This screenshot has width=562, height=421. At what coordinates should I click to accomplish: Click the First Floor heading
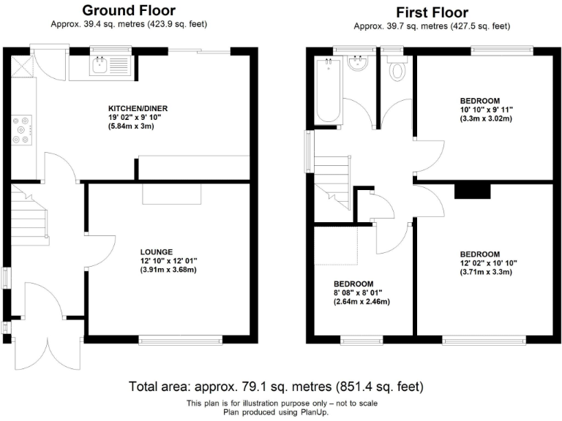pos(432,12)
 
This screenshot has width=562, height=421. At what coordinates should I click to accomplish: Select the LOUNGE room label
pos(158,252)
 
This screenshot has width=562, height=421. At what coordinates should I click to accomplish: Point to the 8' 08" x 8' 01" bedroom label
pos(353,292)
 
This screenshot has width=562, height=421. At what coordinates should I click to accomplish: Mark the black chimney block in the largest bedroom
pos(472,191)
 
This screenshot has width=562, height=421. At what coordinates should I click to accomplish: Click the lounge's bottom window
pos(180,339)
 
